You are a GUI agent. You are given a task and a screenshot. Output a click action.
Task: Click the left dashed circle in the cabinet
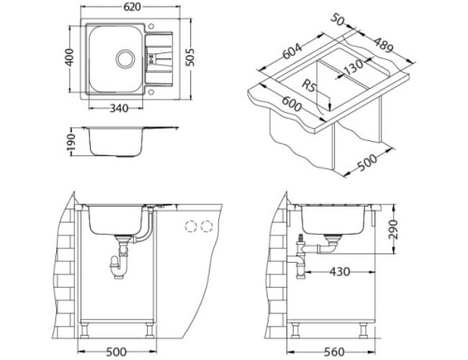pyautogui.click(x=194, y=226)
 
